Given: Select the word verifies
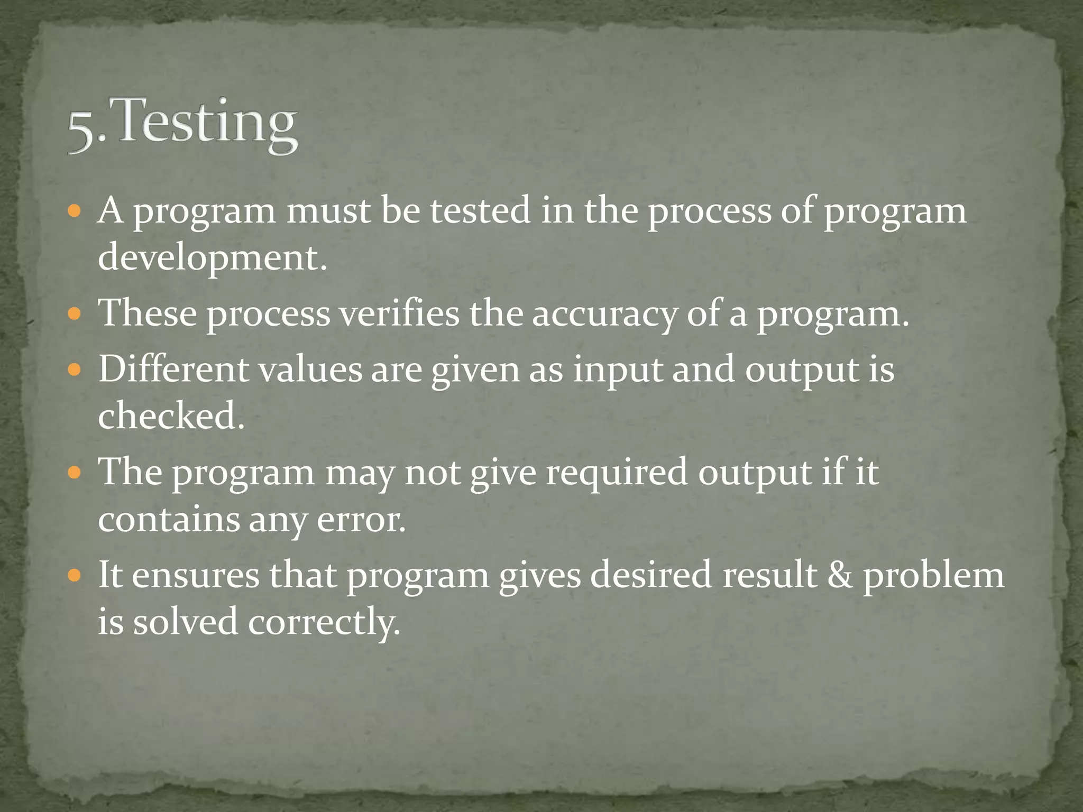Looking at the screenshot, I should point(399,313).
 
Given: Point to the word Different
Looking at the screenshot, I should point(173,369).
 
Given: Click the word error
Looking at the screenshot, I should point(361,520).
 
